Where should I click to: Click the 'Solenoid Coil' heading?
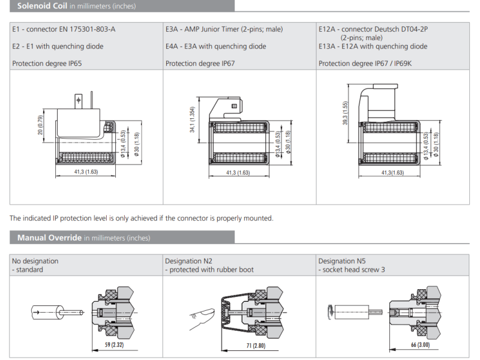point(41,6)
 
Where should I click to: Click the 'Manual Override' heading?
point(49,238)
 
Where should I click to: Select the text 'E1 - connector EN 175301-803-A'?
point(64,29)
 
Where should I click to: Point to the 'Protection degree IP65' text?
point(49,63)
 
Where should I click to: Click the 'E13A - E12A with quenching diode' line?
point(373,46)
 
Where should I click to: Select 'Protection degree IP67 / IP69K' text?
point(368,63)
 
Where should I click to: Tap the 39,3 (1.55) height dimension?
point(346,113)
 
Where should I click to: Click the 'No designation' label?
point(35,261)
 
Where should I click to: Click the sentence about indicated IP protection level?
point(142,218)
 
